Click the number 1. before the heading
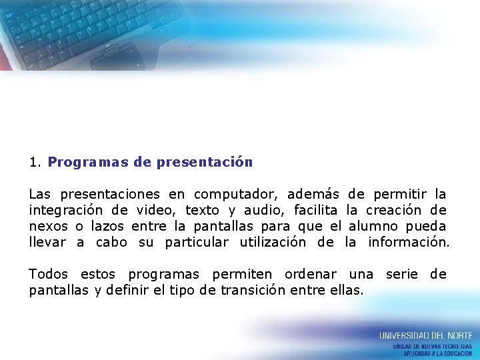(35, 162)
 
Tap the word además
(313, 195)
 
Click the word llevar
(47, 242)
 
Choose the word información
(409, 242)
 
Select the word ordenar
(310, 275)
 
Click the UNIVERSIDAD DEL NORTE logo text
(425, 335)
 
